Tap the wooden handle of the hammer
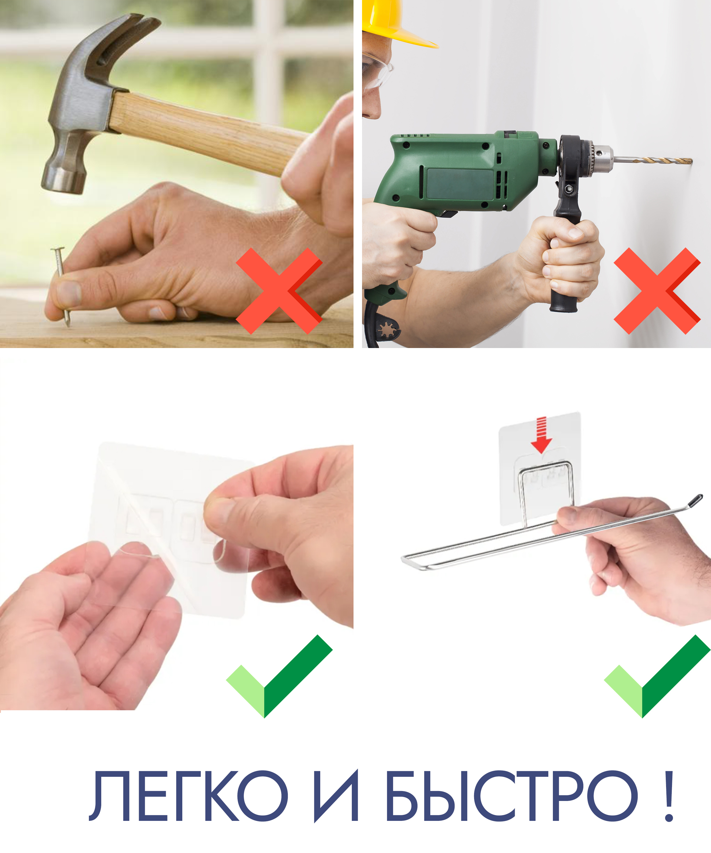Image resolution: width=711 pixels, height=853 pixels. (207, 132)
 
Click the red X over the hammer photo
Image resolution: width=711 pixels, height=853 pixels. (279, 291)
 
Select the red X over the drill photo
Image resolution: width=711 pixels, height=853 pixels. (657, 291)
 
